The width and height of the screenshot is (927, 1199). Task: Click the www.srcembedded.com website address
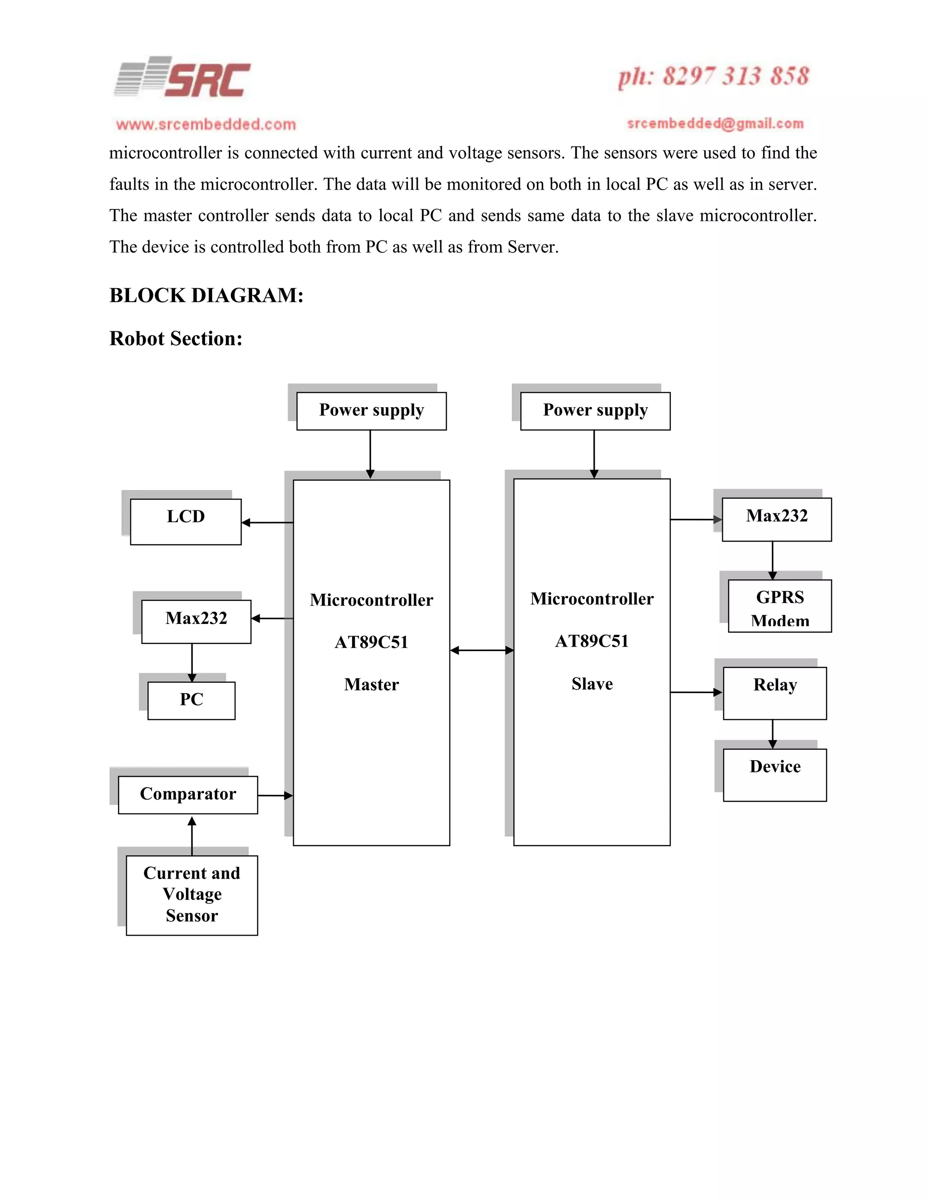[206, 124]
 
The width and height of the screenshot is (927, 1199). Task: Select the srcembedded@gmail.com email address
[715, 124]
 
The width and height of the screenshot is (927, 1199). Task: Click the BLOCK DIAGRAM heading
[206, 295]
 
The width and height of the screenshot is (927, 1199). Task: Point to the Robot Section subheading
[176, 339]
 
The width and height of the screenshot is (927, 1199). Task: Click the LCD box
[186, 522]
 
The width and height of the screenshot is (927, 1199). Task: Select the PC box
[191, 700]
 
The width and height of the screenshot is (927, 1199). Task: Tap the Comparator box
[188, 795]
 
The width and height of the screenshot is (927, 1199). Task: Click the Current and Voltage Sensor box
[191, 895]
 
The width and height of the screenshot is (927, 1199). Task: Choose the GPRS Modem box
[779, 606]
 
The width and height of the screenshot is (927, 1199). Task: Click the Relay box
[774, 693]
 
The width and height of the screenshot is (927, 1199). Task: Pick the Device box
[774, 774]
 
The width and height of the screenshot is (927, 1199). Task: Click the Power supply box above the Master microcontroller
[371, 411]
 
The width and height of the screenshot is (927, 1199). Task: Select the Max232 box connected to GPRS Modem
[777, 519]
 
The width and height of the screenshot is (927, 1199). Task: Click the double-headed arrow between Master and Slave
[482, 651]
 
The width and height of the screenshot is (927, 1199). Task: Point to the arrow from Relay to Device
[773, 734]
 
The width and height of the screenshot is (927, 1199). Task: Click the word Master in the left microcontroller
[371, 685]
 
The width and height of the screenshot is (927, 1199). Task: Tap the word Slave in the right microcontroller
[592, 684]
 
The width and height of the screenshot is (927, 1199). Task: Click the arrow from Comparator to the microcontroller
[275, 795]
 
